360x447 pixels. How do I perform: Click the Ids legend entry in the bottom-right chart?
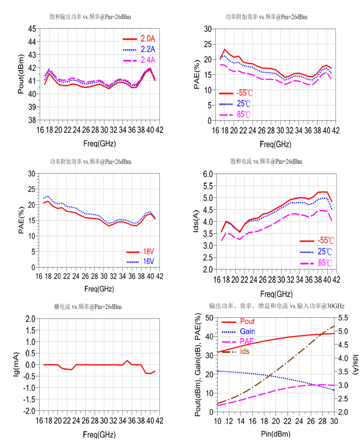245,351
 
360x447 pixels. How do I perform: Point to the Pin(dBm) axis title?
275,434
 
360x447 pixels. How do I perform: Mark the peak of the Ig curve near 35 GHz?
127,360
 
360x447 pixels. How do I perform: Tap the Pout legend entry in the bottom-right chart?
247,322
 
